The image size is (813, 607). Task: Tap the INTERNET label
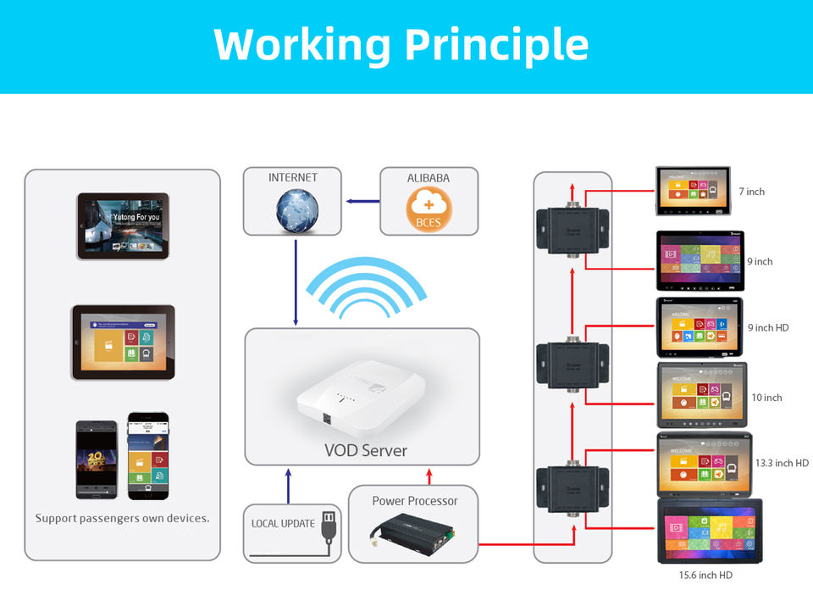[x=293, y=178]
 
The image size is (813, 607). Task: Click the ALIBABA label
[x=429, y=178]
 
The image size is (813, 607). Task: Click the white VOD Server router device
[x=360, y=399]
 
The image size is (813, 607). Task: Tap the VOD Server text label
[x=366, y=450]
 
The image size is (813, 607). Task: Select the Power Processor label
[x=415, y=501]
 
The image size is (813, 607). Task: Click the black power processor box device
[x=414, y=532]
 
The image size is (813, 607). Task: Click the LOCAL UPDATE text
[x=283, y=524]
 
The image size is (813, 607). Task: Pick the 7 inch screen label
[x=751, y=192]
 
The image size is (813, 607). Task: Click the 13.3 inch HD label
[x=782, y=463]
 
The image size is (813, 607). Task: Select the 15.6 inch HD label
[x=705, y=576]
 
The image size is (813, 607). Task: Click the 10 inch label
[x=766, y=398]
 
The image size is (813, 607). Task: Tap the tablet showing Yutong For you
[x=123, y=226]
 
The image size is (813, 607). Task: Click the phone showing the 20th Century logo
[x=96, y=459]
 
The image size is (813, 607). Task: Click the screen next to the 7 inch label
[x=692, y=191]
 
